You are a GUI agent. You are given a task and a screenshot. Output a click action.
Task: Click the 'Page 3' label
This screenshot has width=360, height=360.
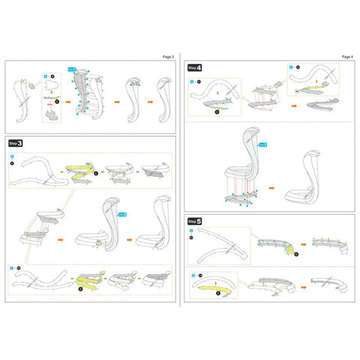pos(167,56)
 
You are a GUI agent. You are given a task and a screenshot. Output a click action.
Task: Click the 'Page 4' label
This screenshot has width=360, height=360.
pos(346,56)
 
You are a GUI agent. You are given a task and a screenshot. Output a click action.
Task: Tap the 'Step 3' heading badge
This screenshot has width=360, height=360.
pos(16,142)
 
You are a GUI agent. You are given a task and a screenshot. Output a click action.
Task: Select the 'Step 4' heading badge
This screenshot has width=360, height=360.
pos(194,67)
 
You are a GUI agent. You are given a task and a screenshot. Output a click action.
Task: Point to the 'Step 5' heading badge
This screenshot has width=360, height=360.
pos(194,222)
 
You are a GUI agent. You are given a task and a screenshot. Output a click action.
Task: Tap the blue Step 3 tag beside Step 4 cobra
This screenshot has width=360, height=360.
pos(263,142)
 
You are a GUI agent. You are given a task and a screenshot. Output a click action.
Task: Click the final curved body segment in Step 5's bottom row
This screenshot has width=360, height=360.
pos(330,285)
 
